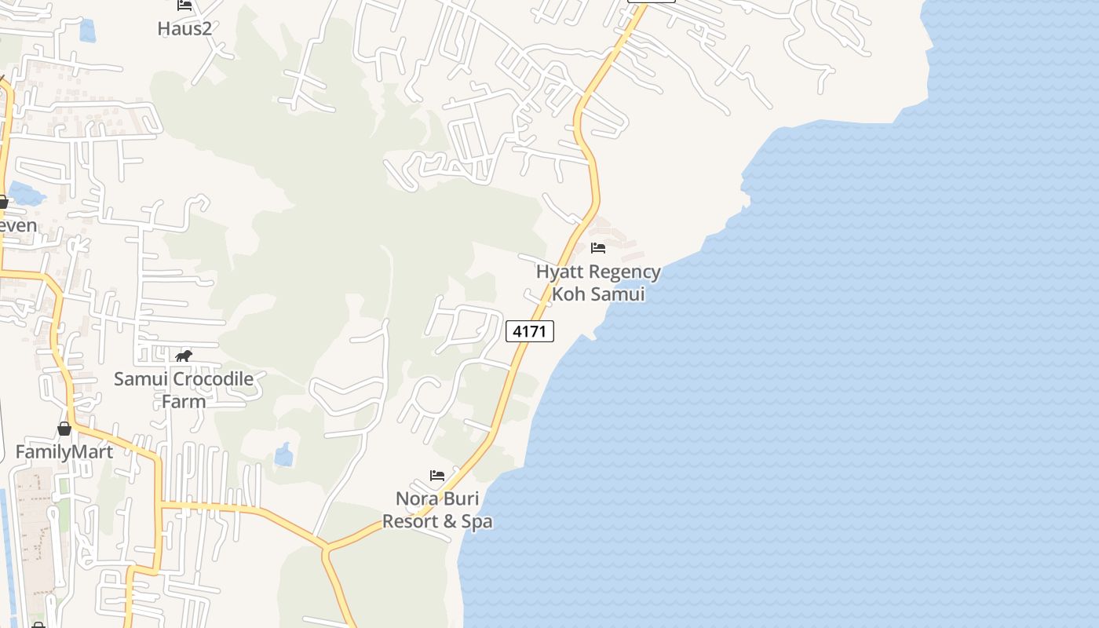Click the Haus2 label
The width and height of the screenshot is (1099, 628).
pyautogui.click(x=184, y=28)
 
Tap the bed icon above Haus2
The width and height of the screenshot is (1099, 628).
pyautogui.click(x=184, y=5)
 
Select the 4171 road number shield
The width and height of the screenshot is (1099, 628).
pyautogui.click(x=529, y=331)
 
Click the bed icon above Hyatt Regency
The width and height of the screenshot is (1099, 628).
pyautogui.click(x=598, y=248)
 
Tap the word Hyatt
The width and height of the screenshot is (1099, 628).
pyautogui.click(x=560, y=272)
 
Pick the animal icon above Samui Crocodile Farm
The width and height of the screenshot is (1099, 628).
pyautogui.click(x=184, y=356)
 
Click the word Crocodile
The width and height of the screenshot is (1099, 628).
pyautogui.click(x=213, y=379)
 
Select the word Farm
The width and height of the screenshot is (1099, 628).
pyautogui.click(x=184, y=401)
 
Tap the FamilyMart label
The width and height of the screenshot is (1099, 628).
pyautogui.click(x=64, y=452)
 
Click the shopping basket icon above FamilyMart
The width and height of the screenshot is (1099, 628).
pyautogui.click(x=64, y=429)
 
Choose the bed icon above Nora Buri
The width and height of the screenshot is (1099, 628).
pyautogui.click(x=437, y=476)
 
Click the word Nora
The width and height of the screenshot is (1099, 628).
pyautogui.click(x=417, y=499)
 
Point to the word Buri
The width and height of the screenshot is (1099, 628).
pyautogui.click(x=461, y=499)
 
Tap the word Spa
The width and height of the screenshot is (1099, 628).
pyautogui.click(x=478, y=521)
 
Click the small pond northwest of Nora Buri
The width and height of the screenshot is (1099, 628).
pyautogui.click(x=283, y=455)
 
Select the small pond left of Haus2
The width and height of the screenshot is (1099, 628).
pyautogui.click(x=87, y=31)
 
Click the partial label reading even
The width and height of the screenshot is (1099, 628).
pyautogui.click(x=17, y=226)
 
